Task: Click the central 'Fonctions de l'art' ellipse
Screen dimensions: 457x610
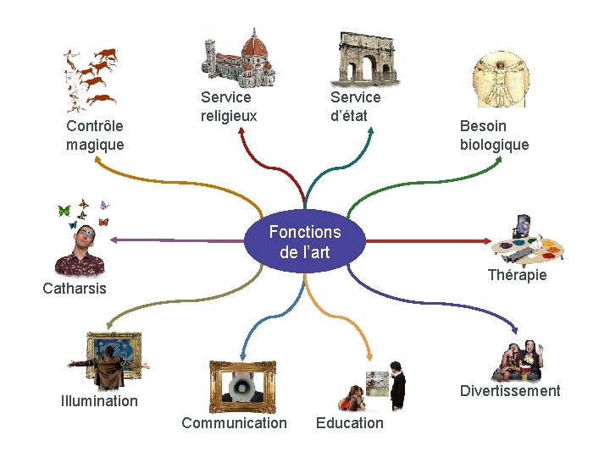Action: (305, 241)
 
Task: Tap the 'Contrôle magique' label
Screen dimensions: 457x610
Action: (95, 135)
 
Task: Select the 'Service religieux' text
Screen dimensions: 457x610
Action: (228, 107)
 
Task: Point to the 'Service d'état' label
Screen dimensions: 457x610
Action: (355, 107)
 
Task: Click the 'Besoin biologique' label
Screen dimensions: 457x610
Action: (494, 135)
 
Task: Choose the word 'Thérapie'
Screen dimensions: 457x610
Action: (517, 275)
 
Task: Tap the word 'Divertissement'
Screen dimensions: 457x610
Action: (510, 390)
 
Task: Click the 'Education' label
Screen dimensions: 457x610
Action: (349, 422)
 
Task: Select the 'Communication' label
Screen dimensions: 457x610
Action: (234, 422)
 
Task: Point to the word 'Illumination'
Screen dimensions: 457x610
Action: (99, 400)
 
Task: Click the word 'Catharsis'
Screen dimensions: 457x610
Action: (75, 288)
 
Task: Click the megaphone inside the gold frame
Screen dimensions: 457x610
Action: (241, 388)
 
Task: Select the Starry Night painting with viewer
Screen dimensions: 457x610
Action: (109, 360)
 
